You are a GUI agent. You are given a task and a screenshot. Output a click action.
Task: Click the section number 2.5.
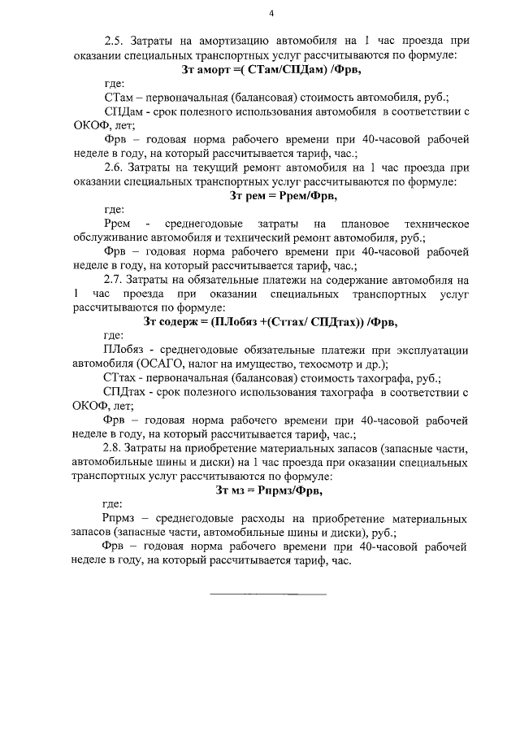115,39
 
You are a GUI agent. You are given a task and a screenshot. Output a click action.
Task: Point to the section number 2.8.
115,449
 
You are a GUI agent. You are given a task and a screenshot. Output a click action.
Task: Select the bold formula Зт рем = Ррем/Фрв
271,195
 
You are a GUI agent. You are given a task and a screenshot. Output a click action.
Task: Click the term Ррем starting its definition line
119,224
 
